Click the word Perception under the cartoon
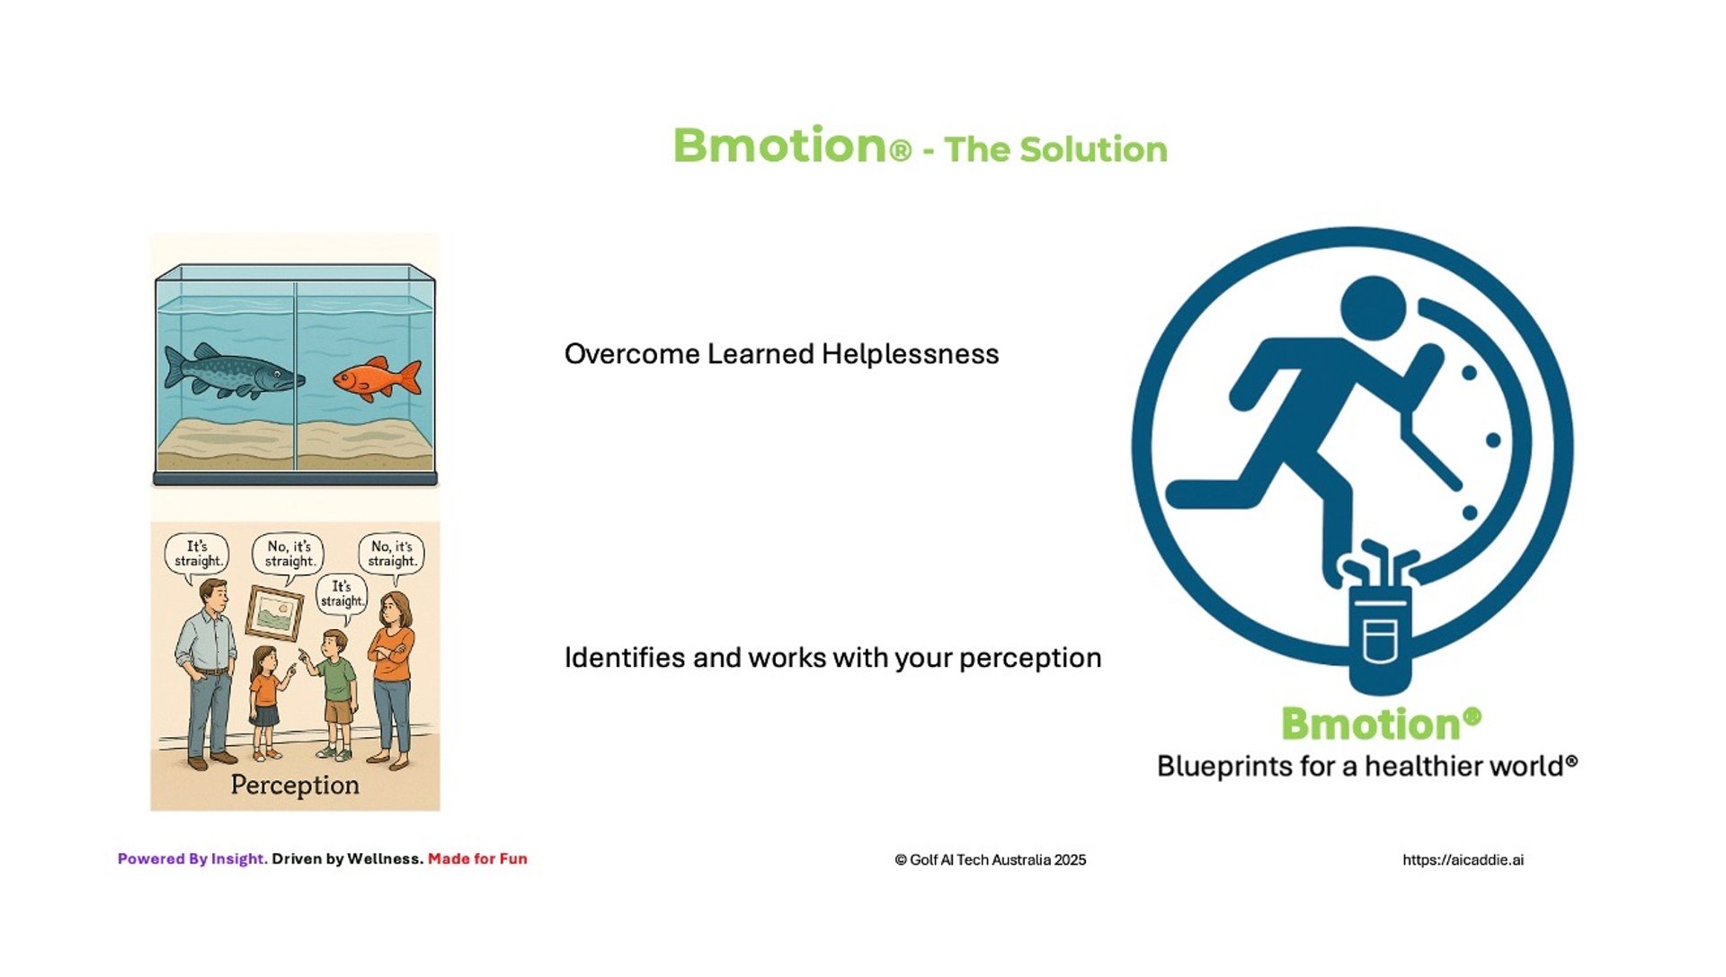[x=295, y=785]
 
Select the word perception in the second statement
[x=1030, y=659]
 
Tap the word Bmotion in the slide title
[x=780, y=146]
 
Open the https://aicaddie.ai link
[x=1464, y=860]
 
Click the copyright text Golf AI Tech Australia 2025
[x=991, y=860]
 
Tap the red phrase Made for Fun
[x=477, y=859]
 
